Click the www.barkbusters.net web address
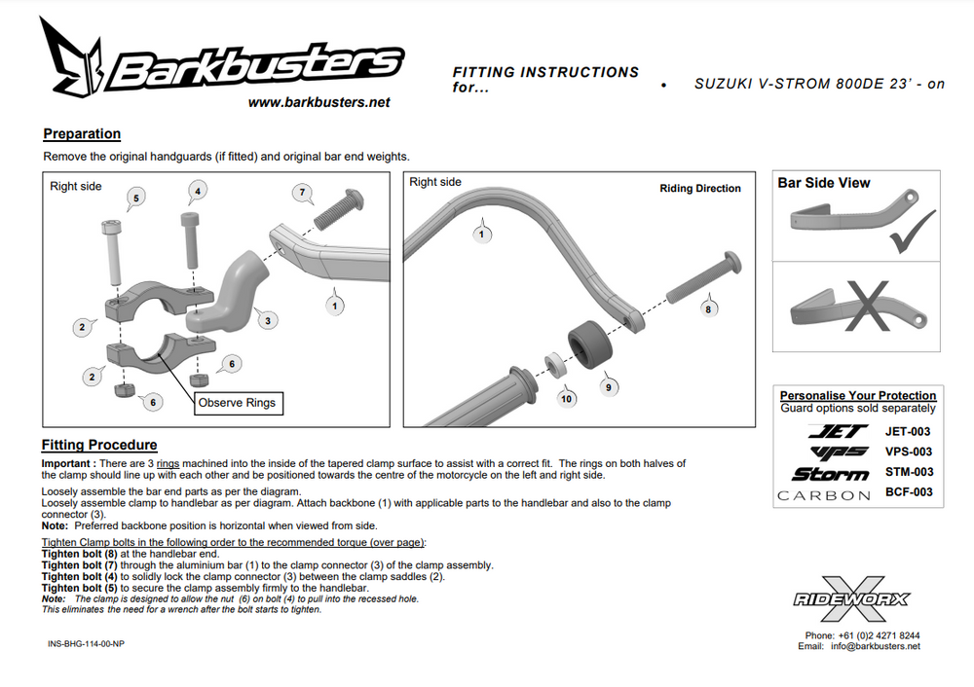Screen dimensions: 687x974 point(318,102)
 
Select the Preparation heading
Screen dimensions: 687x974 point(82,134)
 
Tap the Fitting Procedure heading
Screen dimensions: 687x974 point(98,445)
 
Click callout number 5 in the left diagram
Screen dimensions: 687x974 point(135,199)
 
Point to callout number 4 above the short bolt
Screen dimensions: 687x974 point(198,192)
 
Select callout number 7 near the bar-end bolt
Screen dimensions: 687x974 point(303,193)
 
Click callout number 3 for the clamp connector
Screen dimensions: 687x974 point(268,320)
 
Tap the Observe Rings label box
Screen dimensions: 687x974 point(237,403)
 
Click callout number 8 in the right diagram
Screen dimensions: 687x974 point(708,308)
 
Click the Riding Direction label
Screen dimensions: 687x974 point(699,189)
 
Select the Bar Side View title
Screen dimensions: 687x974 point(823,183)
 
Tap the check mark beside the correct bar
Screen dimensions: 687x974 point(913,231)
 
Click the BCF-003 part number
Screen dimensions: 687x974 point(908,492)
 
